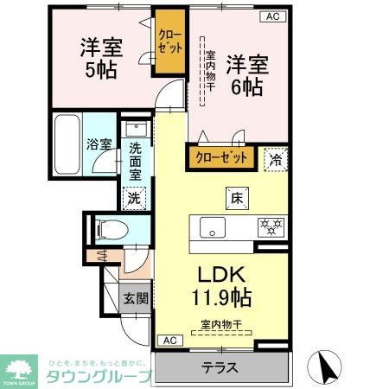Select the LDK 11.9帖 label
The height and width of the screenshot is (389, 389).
pyautogui.click(x=222, y=287)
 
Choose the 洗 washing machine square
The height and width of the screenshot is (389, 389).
pyautogui.click(x=134, y=197)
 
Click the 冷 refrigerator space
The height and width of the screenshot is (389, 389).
pyautogui.click(x=275, y=157)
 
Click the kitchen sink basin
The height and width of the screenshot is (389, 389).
pyautogui.click(x=214, y=228)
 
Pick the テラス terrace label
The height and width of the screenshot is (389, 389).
pyautogui.click(x=219, y=367)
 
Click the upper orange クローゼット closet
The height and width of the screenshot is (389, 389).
pyautogui.click(x=169, y=41)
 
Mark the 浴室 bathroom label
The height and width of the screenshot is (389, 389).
pyautogui.click(x=98, y=144)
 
